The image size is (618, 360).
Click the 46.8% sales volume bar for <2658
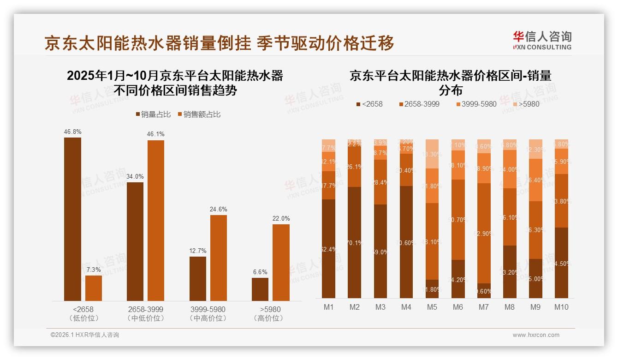coord(72,219)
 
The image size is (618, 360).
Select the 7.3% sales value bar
coord(94,288)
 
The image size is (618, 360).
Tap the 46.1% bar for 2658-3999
coord(156,221)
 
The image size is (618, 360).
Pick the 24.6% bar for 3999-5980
coord(219,258)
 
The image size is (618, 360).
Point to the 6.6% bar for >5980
coord(260,289)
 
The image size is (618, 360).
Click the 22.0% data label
coord(281,218)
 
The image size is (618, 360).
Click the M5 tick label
coord(432,307)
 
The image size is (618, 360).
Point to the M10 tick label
coord(561,307)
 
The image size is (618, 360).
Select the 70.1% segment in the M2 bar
coord(355,242)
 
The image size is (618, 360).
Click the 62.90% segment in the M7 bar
coord(484,233)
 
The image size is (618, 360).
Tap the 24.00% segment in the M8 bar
coord(510,169)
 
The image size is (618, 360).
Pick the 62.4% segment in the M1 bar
coord(329,249)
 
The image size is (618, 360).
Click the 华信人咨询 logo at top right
coord(542,40)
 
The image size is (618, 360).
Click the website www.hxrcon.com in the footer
coord(536,335)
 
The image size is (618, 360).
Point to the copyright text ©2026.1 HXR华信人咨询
coord(85,335)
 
